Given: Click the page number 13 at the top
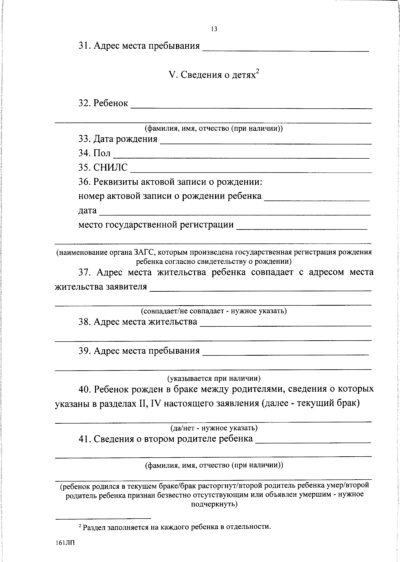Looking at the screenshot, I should click(214, 29).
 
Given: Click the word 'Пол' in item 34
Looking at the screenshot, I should click(102, 153).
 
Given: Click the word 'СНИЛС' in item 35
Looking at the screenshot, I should click(110, 167).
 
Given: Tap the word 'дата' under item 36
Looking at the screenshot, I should click(87, 211).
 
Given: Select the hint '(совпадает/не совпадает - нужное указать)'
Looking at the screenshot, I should click(214, 311).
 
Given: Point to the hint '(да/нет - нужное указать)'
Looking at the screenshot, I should click(214, 428).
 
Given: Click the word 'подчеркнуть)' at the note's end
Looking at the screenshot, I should click(214, 504).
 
